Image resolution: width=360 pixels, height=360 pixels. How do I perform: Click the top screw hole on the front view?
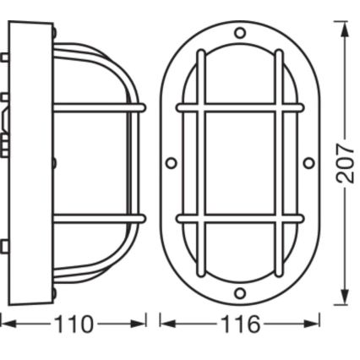point(240,33)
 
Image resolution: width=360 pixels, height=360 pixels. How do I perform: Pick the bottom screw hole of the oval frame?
point(240,292)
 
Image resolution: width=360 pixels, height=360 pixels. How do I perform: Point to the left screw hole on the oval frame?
point(172,162)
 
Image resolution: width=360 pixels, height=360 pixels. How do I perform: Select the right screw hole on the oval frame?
point(308,162)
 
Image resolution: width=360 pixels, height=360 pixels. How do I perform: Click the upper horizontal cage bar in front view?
point(240,108)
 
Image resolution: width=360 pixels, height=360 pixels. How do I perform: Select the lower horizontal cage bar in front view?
point(240,218)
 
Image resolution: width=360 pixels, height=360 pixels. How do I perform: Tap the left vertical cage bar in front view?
point(201,162)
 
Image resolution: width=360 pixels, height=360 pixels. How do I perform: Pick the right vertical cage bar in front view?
point(278,162)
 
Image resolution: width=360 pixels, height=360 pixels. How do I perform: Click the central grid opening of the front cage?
point(240,162)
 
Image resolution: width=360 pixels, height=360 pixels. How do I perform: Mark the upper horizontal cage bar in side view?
point(97,108)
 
